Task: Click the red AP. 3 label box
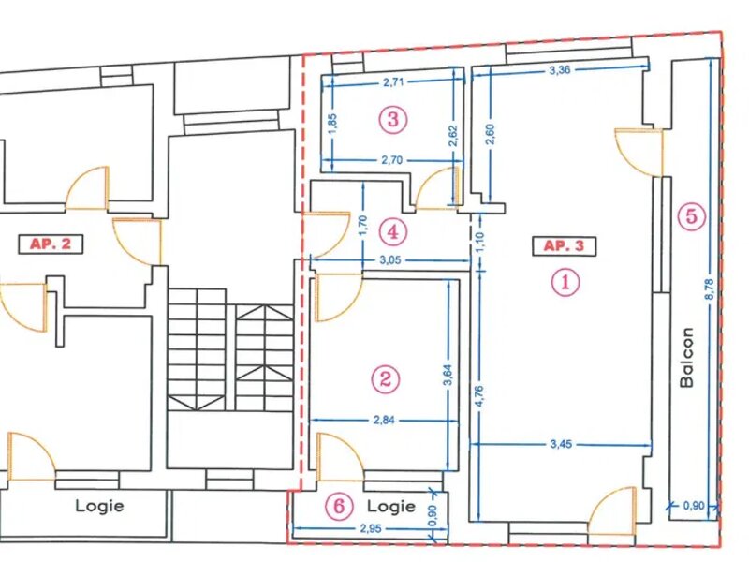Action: [565, 246]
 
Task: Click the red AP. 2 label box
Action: [51, 244]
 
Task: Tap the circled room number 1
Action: [565, 282]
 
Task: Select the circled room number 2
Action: [385, 379]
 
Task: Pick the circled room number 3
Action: [393, 119]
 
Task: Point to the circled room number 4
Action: [393, 232]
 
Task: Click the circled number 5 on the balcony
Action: [692, 217]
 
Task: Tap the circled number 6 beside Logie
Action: [339, 506]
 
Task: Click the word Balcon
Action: [687, 357]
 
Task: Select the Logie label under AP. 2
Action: [100, 506]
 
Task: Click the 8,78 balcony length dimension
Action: [710, 289]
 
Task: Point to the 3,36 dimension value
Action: [560, 71]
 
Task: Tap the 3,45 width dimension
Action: [561, 444]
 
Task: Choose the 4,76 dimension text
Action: [480, 396]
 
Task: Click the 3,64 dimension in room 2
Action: [448, 376]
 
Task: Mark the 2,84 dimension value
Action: [385, 421]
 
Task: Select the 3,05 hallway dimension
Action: [390, 260]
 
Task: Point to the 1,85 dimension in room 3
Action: [333, 123]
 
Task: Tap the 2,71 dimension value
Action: [393, 82]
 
